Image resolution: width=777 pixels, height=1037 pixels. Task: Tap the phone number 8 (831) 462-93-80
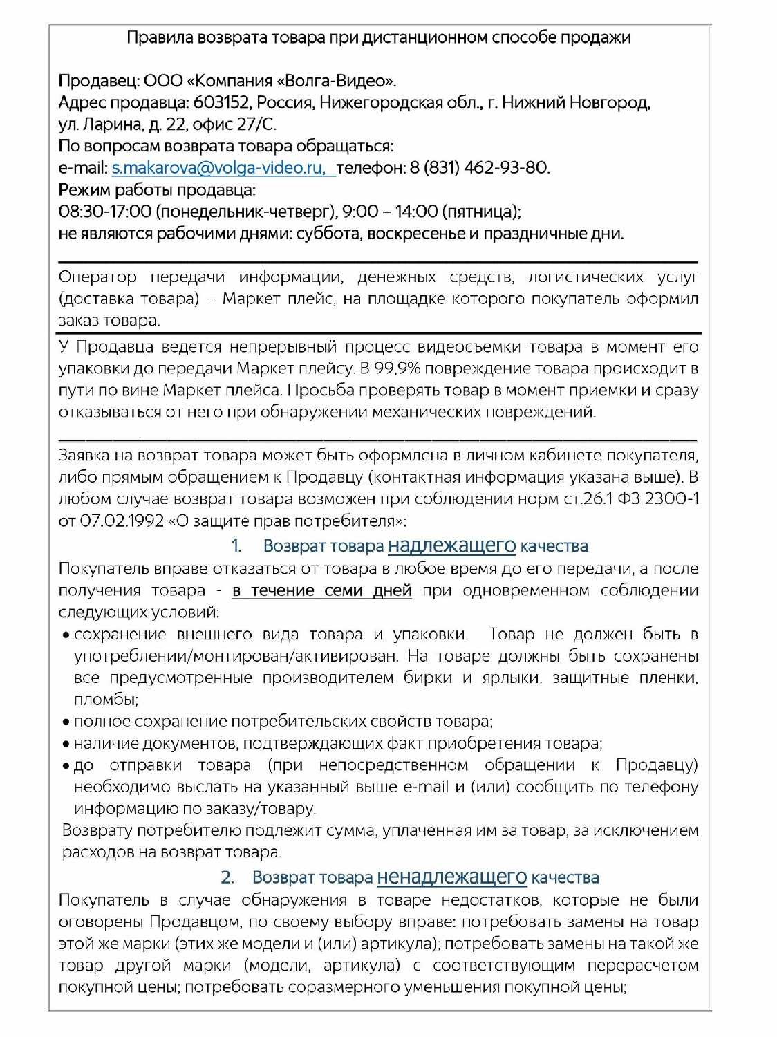(479, 168)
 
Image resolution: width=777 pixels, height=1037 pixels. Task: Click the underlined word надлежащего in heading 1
(451, 545)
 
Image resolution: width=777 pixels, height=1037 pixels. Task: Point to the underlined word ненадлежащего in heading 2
(451, 877)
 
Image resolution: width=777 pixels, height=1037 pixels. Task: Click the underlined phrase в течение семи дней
(322, 591)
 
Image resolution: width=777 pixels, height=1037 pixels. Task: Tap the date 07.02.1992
(122, 521)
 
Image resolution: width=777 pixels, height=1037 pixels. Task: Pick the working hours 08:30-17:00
(104, 212)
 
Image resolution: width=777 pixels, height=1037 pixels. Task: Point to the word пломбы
(104, 700)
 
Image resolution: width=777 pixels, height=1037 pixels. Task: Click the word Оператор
(97, 277)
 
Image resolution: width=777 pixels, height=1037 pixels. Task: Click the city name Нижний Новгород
(575, 103)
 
